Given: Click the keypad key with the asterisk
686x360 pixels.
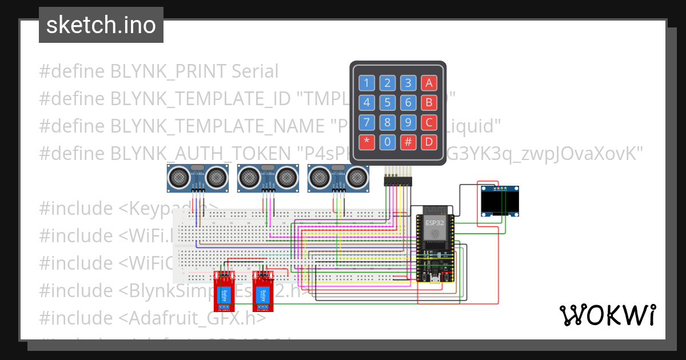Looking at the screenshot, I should click(367, 142).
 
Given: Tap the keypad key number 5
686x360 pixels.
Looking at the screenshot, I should click(388, 103).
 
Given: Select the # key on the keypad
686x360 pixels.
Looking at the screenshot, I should click(408, 142).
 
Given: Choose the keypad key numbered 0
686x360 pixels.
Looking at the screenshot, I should click(388, 142).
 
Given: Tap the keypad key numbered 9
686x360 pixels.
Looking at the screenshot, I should click(408, 123).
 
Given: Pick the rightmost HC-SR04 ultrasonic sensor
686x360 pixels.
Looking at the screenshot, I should click(338, 177).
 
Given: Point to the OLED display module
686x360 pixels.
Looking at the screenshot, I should click(500, 201).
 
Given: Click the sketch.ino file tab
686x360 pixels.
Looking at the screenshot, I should click(101, 25).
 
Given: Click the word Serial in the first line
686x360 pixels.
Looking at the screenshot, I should click(254, 71).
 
